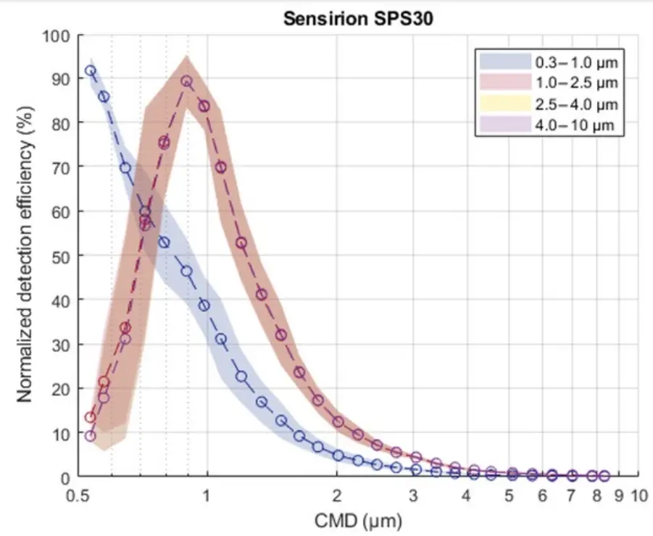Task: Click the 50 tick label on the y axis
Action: (x=59, y=256)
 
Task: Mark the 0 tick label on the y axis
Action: (x=63, y=477)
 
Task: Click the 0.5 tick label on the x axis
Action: (x=78, y=497)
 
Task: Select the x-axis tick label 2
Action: (x=336, y=497)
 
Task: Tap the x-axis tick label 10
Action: (x=639, y=497)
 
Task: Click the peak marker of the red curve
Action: (x=186, y=81)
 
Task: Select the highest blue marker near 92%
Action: (x=91, y=70)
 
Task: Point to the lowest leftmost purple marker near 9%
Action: (x=91, y=436)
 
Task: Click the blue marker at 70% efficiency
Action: (x=125, y=167)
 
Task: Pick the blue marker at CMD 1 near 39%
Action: (x=204, y=305)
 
